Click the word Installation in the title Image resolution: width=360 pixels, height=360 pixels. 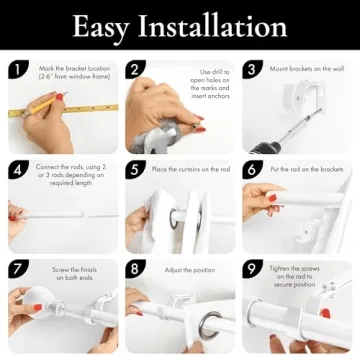click(213, 26)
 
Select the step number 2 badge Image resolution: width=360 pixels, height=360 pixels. click(135, 70)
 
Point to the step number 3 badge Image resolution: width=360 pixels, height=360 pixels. click(252, 70)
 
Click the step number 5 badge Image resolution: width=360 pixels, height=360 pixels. click(135, 169)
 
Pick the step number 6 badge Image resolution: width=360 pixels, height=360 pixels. click(252, 169)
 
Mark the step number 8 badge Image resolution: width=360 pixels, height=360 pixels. click(135, 269)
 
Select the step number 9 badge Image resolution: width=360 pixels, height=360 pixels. click(252, 269)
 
